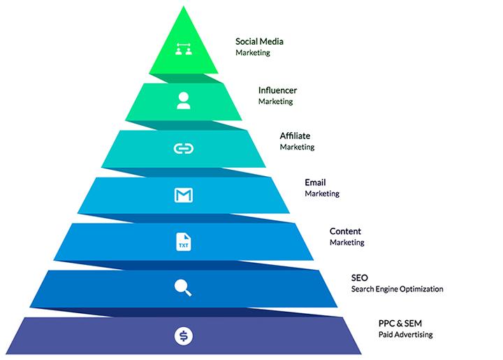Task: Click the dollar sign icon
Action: [183, 336]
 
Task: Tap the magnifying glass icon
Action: [183, 287]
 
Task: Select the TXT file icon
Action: [183, 242]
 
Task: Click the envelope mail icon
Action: [183, 195]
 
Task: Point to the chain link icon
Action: [183, 148]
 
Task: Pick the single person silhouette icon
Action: [184, 101]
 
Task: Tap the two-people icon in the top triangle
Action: [184, 50]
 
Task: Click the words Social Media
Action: [259, 41]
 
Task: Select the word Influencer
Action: [277, 90]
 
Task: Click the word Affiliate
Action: [295, 136]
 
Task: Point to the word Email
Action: [315, 182]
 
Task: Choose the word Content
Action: [345, 231]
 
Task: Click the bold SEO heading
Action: [359, 278]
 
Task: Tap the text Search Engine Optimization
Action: [397, 289]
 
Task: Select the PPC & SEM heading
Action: [400, 323]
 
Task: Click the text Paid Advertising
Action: [406, 334]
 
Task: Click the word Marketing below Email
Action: [322, 194]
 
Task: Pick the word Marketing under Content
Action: [347, 243]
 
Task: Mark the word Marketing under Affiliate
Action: [297, 147]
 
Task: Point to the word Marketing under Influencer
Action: [275, 101]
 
